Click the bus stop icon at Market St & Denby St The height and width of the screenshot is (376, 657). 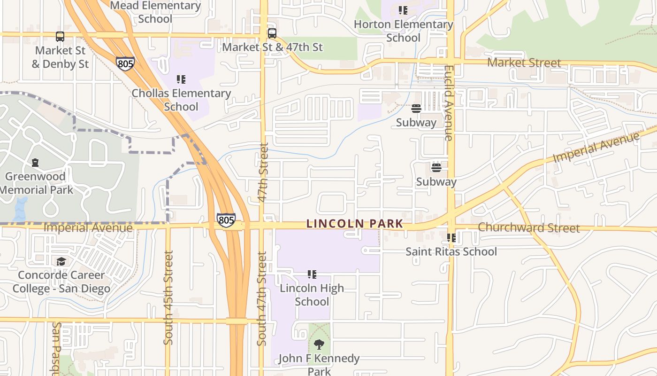[60, 36]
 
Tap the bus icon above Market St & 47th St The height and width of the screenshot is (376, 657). [272, 33]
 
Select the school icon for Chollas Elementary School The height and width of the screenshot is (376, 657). [181, 79]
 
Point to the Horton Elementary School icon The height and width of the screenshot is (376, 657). [403, 10]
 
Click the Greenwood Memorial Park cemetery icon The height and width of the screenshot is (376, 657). [35, 163]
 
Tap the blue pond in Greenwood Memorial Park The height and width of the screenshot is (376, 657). [21, 209]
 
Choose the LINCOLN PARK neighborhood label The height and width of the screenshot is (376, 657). [354, 224]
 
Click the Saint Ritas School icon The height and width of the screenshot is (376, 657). [451, 238]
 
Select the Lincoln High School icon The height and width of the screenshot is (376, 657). [312, 274]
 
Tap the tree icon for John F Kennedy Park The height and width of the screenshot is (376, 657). [319, 345]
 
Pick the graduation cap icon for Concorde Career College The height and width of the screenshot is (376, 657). [61, 261]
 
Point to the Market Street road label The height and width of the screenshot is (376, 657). [524, 63]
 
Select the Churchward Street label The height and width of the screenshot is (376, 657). [529, 228]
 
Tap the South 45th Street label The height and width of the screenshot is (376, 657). [168, 297]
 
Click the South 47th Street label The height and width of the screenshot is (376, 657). [262, 298]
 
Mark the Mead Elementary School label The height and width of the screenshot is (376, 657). [155, 12]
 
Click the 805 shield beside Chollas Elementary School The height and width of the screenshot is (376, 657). [125, 63]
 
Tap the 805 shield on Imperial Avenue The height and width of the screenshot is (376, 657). [226, 220]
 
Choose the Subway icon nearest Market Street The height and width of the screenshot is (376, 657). [416, 109]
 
